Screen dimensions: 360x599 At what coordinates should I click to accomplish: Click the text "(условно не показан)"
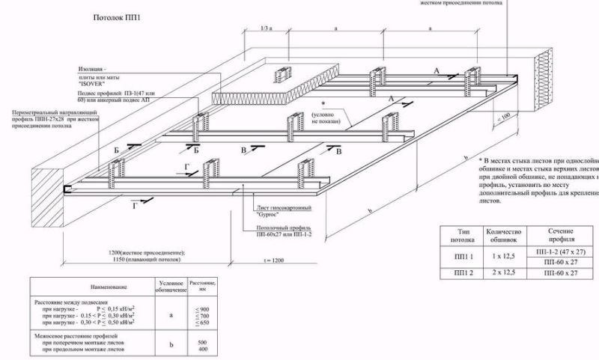[x=323, y=117]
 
